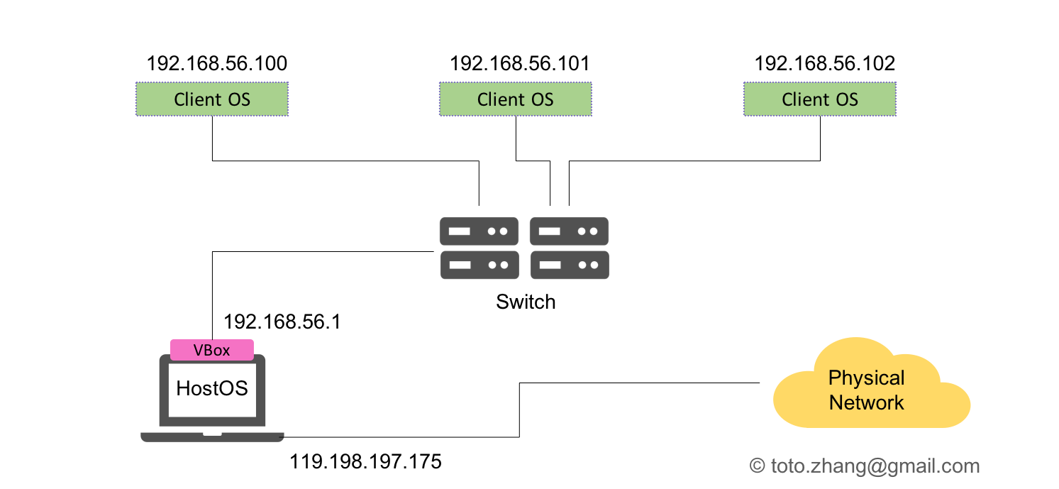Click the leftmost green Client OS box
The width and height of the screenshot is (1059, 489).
click(211, 99)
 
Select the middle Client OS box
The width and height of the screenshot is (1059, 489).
click(515, 99)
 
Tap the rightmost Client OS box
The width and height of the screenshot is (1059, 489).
click(819, 99)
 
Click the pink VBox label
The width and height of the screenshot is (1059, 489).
click(211, 350)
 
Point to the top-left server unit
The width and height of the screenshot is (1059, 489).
click(479, 231)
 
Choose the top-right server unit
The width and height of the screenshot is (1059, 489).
click(569, 231)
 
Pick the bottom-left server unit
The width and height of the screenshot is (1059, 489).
click(479, 265)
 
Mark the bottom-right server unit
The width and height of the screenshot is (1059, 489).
click(569, 265)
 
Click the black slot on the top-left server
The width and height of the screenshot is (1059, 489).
click(460, 231)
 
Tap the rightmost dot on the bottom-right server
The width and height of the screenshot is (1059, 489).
click(593, 265)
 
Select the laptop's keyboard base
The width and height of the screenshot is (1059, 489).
click(211, 436)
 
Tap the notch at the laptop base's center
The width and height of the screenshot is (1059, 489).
click(211, 434)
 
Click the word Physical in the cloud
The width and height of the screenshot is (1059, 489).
click(866, 378)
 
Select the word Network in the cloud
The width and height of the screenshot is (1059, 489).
click(866, 402)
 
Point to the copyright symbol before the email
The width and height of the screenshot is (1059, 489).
click(758, 466)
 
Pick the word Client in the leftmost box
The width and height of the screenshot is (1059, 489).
click(197, 99)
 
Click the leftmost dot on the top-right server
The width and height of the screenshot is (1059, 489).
click(582, 231)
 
